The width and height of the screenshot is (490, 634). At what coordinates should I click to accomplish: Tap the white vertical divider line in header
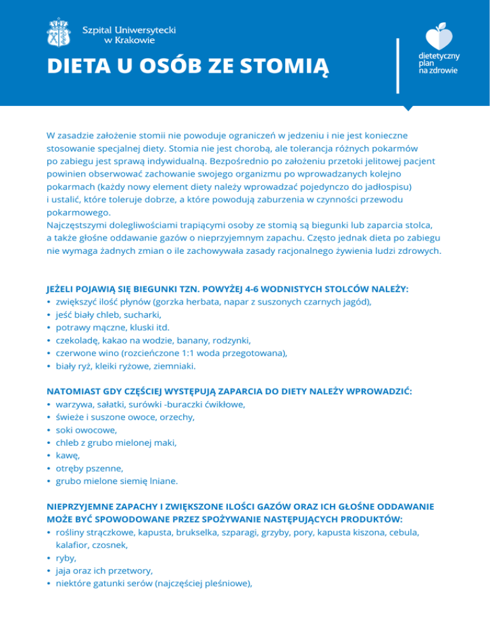click(x=397, y=66)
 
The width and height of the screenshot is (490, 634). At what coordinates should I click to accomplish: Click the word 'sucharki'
click(x=144, y=314)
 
